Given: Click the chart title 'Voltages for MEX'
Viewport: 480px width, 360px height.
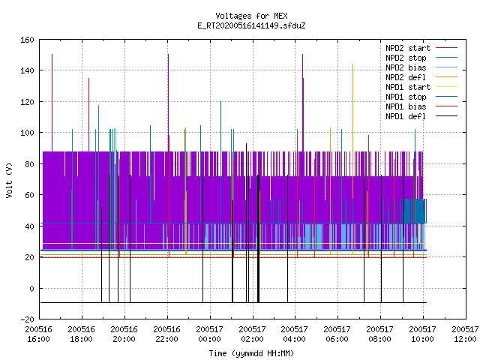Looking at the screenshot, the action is coord(251,16).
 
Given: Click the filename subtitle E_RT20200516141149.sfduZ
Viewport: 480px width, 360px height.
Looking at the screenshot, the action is coord(251,25).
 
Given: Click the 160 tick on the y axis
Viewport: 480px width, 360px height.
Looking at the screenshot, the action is coord(27,40).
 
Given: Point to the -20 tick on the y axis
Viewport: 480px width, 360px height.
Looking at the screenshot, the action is coord(27,319).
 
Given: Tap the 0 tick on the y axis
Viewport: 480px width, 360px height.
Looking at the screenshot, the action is coord(31,288).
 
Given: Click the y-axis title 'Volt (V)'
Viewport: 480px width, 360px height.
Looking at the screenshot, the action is coord(9,180).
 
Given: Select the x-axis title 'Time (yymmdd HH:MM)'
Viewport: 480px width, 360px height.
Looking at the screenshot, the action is coord(251,353).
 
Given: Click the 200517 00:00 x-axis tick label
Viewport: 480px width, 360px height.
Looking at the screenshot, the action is coord(209,334).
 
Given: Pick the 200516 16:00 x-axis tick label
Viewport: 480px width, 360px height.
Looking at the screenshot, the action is coord(38,334).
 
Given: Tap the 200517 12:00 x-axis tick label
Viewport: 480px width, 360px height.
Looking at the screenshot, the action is coord(465,334).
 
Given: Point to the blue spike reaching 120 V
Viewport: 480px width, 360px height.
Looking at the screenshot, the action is coord(220,162).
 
